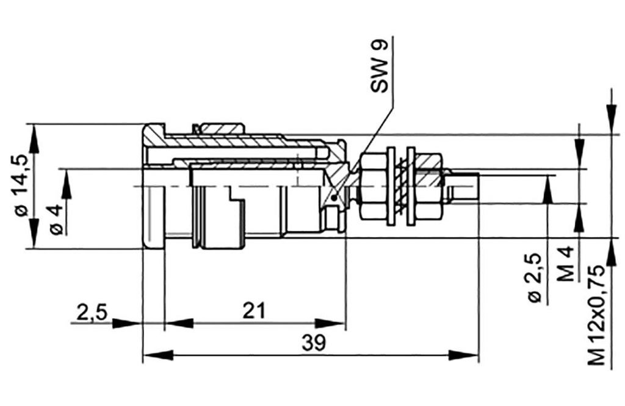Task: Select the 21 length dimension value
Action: (254, 311)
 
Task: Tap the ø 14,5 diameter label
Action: (20, 184)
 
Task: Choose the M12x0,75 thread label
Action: (599, 315)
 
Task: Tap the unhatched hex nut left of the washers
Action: (373, 186)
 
